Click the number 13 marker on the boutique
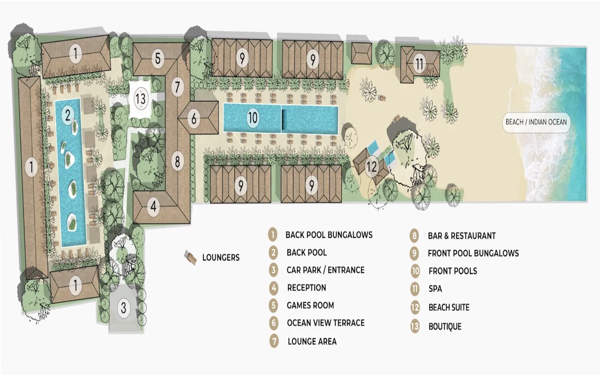pos(141,99)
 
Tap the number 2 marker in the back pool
pos(68,114)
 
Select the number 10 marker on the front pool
pos(253,118)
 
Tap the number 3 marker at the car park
pos(123,308)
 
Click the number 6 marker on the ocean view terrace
pos(194,119)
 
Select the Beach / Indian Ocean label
pos(536,122)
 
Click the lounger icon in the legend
pos(190,257)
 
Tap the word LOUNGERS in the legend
pos(221,257)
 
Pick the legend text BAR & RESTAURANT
pos(461,236)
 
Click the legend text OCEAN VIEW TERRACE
pos(325,323)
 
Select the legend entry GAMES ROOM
pos(310,306)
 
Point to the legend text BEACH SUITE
pos(449,307)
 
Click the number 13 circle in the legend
pos(415,326)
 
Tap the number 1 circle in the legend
pos(273,234)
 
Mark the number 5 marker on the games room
pos(158,59)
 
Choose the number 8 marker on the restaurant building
pos(177,162)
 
